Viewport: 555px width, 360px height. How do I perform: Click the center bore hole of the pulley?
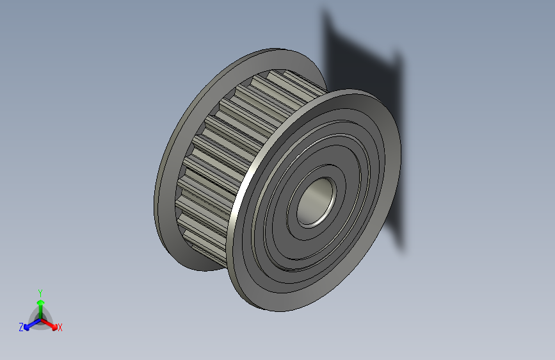[x=316, y=202]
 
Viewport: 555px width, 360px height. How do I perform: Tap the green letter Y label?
[x=40, y=291]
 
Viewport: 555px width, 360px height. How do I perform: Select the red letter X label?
[x=60, y=327]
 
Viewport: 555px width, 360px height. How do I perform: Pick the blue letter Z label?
[x=21, y=327]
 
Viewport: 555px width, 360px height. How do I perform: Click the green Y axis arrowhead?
[x=40, y=302]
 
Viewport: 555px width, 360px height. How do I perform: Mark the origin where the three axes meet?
[x=40, y=318]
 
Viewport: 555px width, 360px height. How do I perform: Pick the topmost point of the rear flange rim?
[x=275, y=48]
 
